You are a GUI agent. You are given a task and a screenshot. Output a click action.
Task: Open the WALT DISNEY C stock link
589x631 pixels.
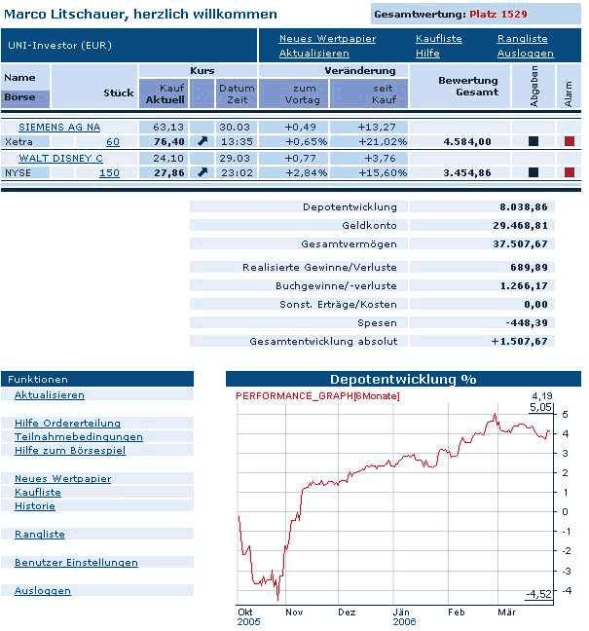(x=61, y=158)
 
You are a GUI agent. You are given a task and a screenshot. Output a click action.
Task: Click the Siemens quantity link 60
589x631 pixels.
(x=113, y=142)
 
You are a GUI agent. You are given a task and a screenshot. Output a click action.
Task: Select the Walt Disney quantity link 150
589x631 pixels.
(x=109, y=173)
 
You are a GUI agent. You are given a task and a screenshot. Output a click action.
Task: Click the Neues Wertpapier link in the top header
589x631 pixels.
(x=313, y=39)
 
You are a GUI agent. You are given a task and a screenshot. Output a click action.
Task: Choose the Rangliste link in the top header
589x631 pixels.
(x=522, y=39)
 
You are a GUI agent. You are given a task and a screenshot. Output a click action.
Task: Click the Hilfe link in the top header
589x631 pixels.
(x=427, y=53)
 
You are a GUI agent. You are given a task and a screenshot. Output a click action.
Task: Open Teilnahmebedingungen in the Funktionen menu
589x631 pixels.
(x=79, y=437)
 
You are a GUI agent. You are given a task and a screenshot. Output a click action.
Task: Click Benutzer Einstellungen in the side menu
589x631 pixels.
(x=76, y=563)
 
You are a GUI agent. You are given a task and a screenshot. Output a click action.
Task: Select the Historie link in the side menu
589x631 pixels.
(x=35, y=506)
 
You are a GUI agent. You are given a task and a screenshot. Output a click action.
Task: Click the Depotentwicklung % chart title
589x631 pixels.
(x=402, y=379)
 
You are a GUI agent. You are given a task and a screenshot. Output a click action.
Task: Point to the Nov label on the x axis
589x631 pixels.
(x=293, y=612)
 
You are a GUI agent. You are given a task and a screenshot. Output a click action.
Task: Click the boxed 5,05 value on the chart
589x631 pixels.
(x=540, y=407)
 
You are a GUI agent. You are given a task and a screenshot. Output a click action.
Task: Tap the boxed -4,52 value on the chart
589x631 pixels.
(x=537, y=594)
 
